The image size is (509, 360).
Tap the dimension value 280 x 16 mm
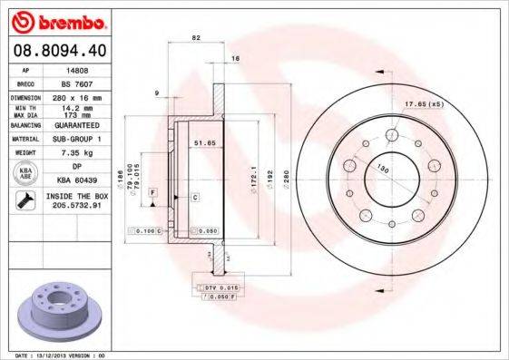pos(79,95)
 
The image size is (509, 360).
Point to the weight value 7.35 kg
pos(79,154)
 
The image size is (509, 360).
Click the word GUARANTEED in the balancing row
pos(79,127)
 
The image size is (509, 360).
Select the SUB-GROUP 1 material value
pos(79,140)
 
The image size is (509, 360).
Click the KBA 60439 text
pos(79,180)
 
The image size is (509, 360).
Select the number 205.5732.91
pos(79,206)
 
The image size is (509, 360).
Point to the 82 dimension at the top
pos(195,37)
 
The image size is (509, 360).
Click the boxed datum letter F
pos(153,193)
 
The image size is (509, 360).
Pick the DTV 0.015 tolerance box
pos(210,287)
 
